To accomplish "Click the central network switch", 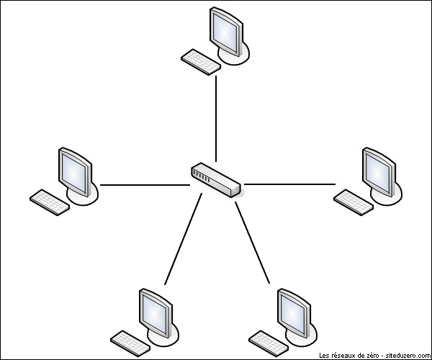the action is point(216,179).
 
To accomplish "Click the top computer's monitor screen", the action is point(225,32).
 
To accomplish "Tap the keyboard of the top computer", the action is point(201,62).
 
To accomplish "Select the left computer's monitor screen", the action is point(73,173).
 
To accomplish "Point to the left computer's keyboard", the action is point(50,202).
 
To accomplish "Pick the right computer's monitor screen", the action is point(377,173).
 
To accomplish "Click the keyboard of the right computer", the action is point(354,202).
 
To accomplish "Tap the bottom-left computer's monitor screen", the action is point(154,314).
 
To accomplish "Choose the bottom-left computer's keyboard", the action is point(130,343).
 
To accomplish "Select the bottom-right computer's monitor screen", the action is point(292,314).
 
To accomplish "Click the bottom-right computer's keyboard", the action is point(269,343).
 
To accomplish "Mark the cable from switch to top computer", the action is point(216,119).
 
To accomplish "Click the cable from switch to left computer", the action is point(145,185).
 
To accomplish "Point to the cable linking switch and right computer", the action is point(289,184).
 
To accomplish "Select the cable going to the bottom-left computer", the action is point(183,239).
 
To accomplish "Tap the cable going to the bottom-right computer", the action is point(253,243).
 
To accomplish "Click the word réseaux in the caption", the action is point(341,355).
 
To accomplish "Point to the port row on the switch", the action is point(202,176).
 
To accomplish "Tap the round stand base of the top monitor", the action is point(234,55).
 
